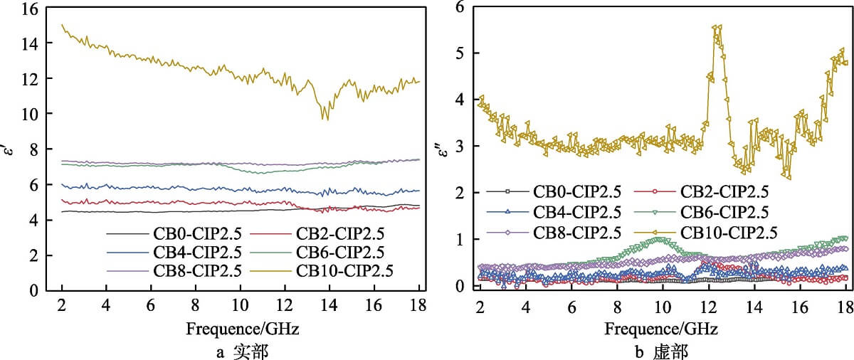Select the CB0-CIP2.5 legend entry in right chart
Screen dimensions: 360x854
pos(578,192)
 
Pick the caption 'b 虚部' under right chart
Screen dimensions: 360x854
pos(662,351)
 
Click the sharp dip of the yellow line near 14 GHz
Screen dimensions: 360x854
pos(327,117)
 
